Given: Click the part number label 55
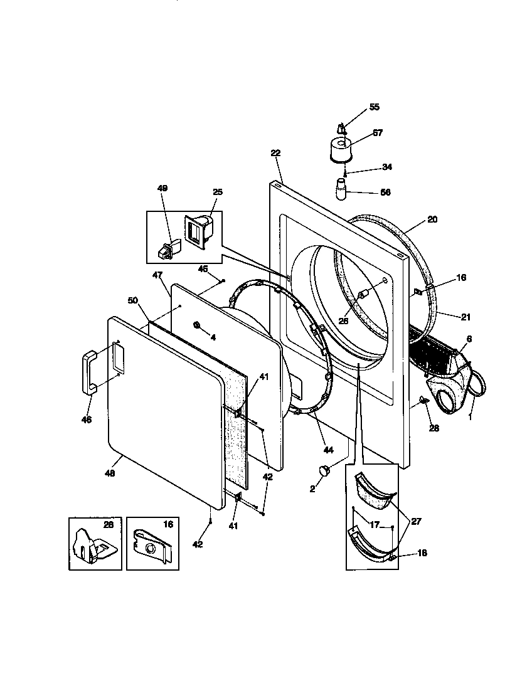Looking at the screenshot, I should click(374, 107).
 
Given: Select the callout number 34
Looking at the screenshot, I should click(386, 167).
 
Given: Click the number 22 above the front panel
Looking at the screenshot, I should click(275, 152).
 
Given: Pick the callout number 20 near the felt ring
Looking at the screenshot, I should click(432, 219).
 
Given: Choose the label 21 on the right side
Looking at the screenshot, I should click(465, 317).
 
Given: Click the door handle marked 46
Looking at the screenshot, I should click(88, 371).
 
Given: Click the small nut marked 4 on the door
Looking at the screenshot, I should click(197, 325).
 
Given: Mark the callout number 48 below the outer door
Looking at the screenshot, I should click(110, 474).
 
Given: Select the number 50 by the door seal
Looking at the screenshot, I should click(132, 301).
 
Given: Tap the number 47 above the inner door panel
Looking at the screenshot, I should click(157, 275).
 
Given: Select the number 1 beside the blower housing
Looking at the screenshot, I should click(471, 416).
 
